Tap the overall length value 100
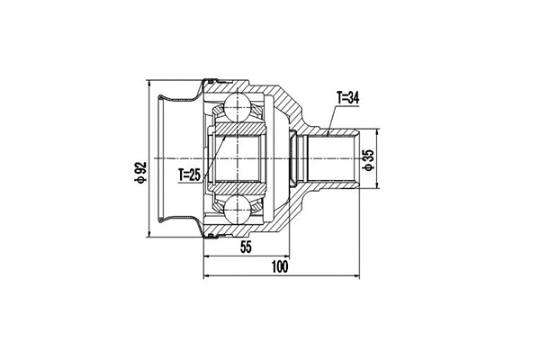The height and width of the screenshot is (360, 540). [280, 266]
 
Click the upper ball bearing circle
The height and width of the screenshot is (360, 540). [238, 107]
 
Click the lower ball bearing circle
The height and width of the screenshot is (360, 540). [238, 211]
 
